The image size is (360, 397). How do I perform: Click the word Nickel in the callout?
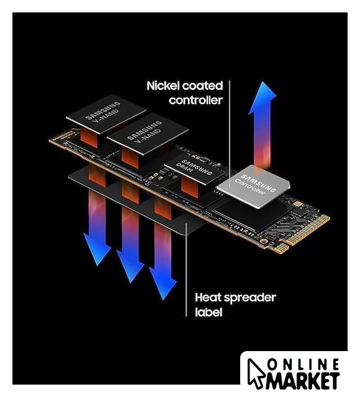pos(163,86)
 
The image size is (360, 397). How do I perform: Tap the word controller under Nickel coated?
pos(196,100)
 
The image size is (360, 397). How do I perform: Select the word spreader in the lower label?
pos(250,298)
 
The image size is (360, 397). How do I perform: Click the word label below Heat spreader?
pos(209,312)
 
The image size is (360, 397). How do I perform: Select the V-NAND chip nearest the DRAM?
pos(148,134)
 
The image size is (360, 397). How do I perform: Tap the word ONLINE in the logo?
pos(303,365)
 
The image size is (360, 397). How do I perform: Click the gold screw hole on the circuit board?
pos(264,241)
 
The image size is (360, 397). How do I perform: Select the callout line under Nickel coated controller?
pos(230,134)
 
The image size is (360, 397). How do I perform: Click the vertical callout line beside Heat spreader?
pos(186,270)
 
